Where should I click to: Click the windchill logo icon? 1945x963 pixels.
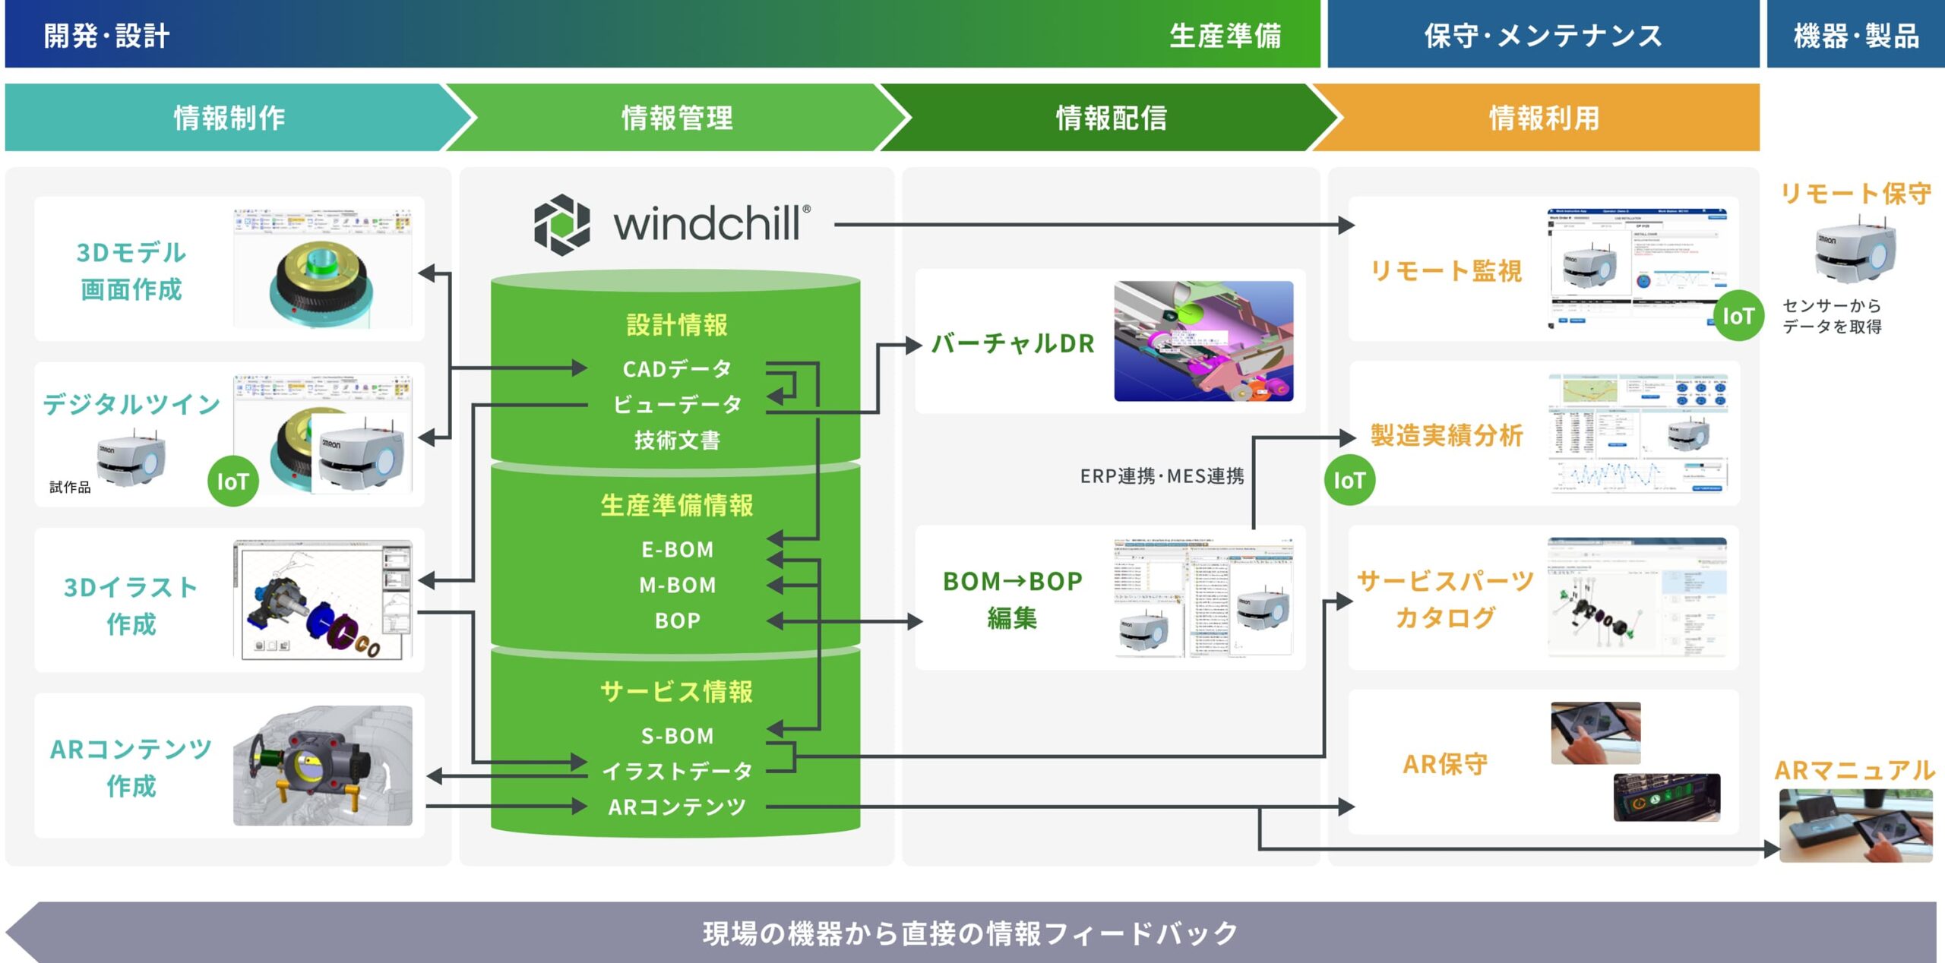point(561,224)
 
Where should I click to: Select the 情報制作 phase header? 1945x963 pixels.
point(229,118)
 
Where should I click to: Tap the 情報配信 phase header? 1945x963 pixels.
point(1111,118)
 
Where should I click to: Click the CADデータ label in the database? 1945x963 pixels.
point(677,369)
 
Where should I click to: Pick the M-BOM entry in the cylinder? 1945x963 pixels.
point(677,585)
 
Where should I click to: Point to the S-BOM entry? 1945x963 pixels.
point(677,735)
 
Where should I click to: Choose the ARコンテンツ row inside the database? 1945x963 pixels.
point(677,807)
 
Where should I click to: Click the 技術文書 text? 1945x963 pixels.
point(677,440)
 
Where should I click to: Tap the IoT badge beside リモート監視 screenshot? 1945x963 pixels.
point(1738,316)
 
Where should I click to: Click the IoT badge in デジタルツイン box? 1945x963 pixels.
point(232,481)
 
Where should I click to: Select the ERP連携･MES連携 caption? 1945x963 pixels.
point(1162,476)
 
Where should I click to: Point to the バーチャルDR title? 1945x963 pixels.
point(1013,343)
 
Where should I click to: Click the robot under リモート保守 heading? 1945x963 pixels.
point(1854,251)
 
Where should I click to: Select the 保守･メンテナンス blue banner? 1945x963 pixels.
point(1542,35)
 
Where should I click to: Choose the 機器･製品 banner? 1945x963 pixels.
point(1855,35)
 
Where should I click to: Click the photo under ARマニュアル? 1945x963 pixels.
point(1855,825)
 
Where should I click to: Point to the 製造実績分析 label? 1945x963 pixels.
point(1447,435)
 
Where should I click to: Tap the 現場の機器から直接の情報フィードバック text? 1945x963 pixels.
point(970,933)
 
